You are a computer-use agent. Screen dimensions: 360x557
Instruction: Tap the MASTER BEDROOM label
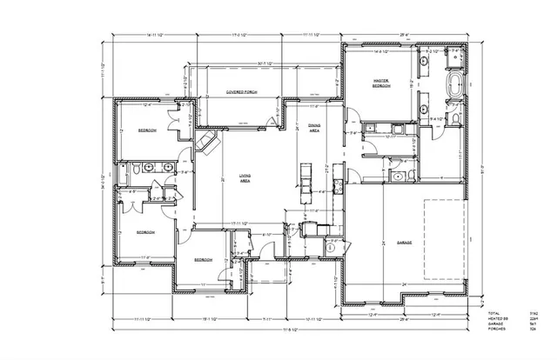pos(380,84)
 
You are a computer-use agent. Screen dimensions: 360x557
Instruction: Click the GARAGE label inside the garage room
pos(403,243)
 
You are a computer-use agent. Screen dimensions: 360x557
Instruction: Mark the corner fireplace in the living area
pos(207,143)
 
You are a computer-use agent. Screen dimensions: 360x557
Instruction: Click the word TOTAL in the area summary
pos(493,313)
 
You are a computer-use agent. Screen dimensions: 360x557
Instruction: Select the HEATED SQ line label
pos(497,319)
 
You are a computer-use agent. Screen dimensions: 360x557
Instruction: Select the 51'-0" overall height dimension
pos(482,170)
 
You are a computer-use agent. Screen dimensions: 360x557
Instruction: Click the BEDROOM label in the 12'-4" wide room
pos(146,130)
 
